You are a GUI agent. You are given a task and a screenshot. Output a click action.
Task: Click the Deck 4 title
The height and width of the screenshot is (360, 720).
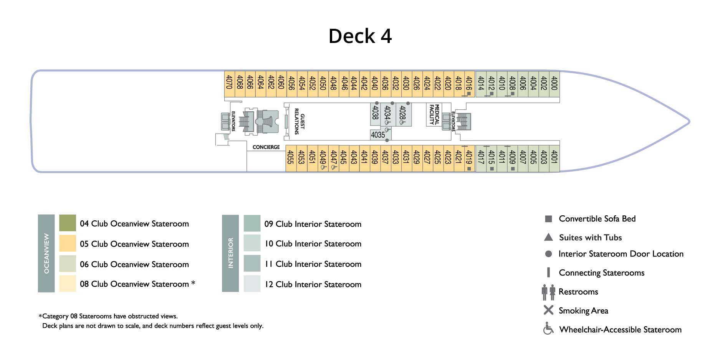click(x=360, y=36)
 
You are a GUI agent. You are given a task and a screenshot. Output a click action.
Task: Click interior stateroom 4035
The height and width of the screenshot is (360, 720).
click(x=378, y=135)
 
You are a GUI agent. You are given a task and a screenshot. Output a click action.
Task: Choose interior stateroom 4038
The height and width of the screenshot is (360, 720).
click(x=375, y=113)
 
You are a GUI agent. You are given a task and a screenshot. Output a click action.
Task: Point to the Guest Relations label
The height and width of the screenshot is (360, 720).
click(x=299, y=121)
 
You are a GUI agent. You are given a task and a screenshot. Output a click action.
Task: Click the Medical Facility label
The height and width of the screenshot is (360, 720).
click(x=434, y=114)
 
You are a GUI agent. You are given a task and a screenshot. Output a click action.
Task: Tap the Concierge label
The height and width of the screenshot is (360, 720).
click(x=266, y=147)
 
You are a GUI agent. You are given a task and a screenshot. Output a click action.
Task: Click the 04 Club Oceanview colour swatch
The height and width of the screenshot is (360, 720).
click(x=68, y=223)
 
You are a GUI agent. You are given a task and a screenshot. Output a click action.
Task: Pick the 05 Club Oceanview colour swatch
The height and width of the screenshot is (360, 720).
click(x=68, y=243)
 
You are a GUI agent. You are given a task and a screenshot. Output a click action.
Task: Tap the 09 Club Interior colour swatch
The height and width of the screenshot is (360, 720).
click(x=252, y=223)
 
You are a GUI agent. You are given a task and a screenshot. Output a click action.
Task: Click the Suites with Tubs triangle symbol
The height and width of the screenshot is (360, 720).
click(x=548, y=237)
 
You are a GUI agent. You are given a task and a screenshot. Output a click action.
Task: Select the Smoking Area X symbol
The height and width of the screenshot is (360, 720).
click(x=548, y=310)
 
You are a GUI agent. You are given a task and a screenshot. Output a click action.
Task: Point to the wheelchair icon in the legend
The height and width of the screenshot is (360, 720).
click(x=548, y=329)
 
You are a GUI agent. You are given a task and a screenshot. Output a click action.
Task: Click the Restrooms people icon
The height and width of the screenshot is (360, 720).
click(x=548, y=292)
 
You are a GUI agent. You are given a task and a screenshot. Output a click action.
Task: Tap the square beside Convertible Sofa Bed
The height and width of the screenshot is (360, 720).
click(x=548, y=219)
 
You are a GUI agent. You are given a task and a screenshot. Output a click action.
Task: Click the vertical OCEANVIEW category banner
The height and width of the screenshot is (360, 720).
click(x=46, y=253)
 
